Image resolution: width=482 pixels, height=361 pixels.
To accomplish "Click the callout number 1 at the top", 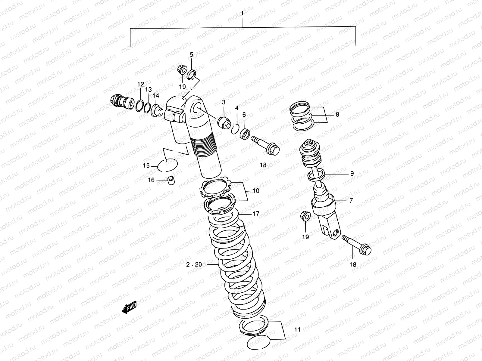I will click(242, 13).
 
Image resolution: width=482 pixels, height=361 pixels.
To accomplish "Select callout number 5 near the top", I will click(191, 54).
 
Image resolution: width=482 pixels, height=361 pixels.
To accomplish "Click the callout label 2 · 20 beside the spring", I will click(194, 264).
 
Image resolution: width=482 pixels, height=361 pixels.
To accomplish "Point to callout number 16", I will click(151, 180).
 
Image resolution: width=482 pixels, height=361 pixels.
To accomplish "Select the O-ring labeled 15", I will click(167, 165).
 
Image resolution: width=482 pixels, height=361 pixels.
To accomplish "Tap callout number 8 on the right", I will click(337, 114).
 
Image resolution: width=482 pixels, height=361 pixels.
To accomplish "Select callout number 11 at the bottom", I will click(297, 330).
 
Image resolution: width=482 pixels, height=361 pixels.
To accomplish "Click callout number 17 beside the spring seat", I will click(256, 214).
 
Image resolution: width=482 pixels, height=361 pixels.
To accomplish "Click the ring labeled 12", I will click(139, 106).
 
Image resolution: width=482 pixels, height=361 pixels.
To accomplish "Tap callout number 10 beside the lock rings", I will click(256, 191).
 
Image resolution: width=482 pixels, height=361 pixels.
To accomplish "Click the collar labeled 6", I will click(245, 134).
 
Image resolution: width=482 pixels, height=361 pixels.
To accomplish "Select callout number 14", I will click(155, 95).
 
